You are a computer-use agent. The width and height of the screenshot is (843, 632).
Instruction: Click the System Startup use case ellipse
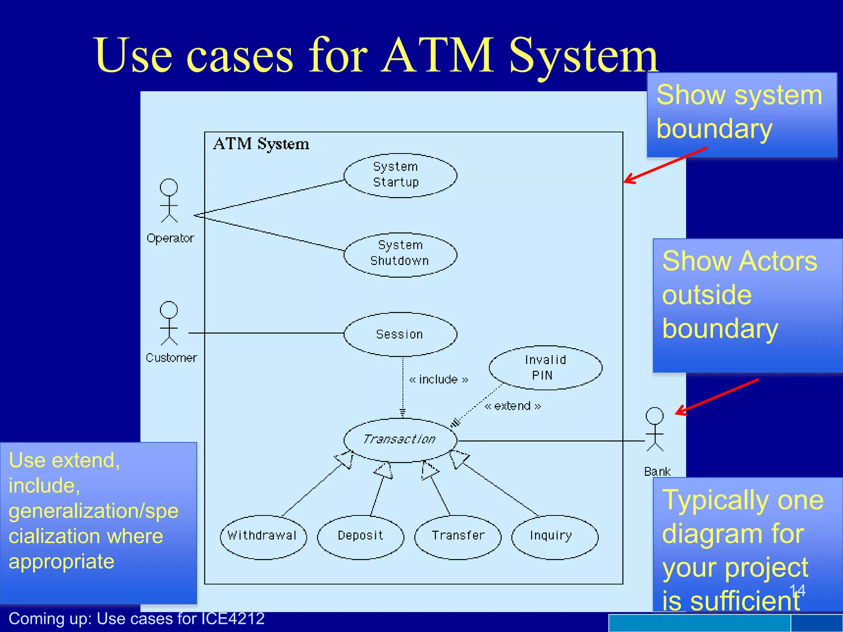click(x=400, y=176)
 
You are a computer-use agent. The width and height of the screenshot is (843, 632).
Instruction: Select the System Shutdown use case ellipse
click(x=400, y=255)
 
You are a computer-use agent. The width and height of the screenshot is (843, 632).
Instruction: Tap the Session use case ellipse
click(x=400, y=334)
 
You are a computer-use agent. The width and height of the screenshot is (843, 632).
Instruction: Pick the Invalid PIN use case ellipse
click(x=545, y=367)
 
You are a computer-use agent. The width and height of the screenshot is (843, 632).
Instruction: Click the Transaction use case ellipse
click(x=400, y=440)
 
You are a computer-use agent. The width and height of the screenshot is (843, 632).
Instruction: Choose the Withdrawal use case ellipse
click(x=263, y=537)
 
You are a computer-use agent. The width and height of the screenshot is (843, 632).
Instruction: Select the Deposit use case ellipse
click(x=361, y=537)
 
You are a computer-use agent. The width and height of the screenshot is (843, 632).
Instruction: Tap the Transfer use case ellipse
click(x=458, y=537)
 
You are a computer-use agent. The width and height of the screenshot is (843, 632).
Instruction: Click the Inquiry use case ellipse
click(x=554, y=537)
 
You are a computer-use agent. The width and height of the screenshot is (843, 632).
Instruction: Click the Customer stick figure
click(x=169, y=323)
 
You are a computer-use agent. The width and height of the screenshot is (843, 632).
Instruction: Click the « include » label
click(x=438, y=379)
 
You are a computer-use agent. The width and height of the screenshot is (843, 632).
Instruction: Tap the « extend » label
click(x=512, y=406)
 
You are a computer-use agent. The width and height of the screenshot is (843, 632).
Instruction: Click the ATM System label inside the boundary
click(x=261, y=144)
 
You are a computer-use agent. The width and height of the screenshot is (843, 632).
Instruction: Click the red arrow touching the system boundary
click(x=665, y=165)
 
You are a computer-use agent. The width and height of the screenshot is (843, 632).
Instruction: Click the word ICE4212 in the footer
click(x=233, y=619)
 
